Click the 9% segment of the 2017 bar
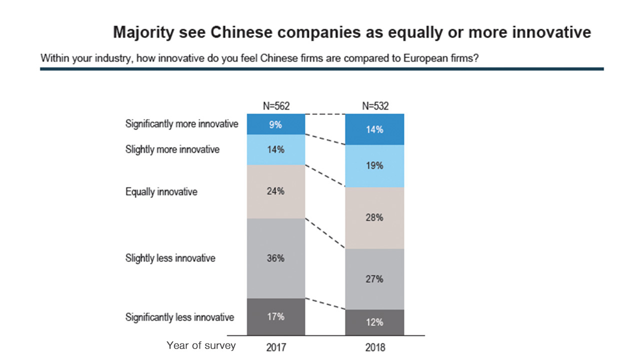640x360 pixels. [x=275, y=124]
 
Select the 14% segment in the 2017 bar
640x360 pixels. [x=275, y=149]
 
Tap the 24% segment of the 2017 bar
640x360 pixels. [x=275, y=191]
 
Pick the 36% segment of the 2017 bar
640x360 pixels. [x=275, y=258]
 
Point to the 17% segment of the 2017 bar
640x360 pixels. [x=275, y=316]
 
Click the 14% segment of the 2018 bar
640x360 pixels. [x=374, y=129]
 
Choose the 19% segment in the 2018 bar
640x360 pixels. [x=374, y=166]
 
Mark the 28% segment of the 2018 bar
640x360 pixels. [x=374, y=218]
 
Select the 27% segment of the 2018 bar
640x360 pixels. [x=374, y=279]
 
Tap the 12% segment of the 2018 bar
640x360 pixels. [x=374, y=322]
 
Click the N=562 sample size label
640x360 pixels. [x=276, y=105]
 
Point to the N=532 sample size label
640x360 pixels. [x=375, y=105]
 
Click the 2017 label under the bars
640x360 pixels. [x=276, y=346]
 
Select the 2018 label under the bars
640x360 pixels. [x=375, y=346]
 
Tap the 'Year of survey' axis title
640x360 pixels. [x=201, y=345]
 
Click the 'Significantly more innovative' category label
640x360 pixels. [x=181, y=124]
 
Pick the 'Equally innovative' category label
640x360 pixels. [x=161, y=191]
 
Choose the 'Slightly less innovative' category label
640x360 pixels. [x=170, y=258]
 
